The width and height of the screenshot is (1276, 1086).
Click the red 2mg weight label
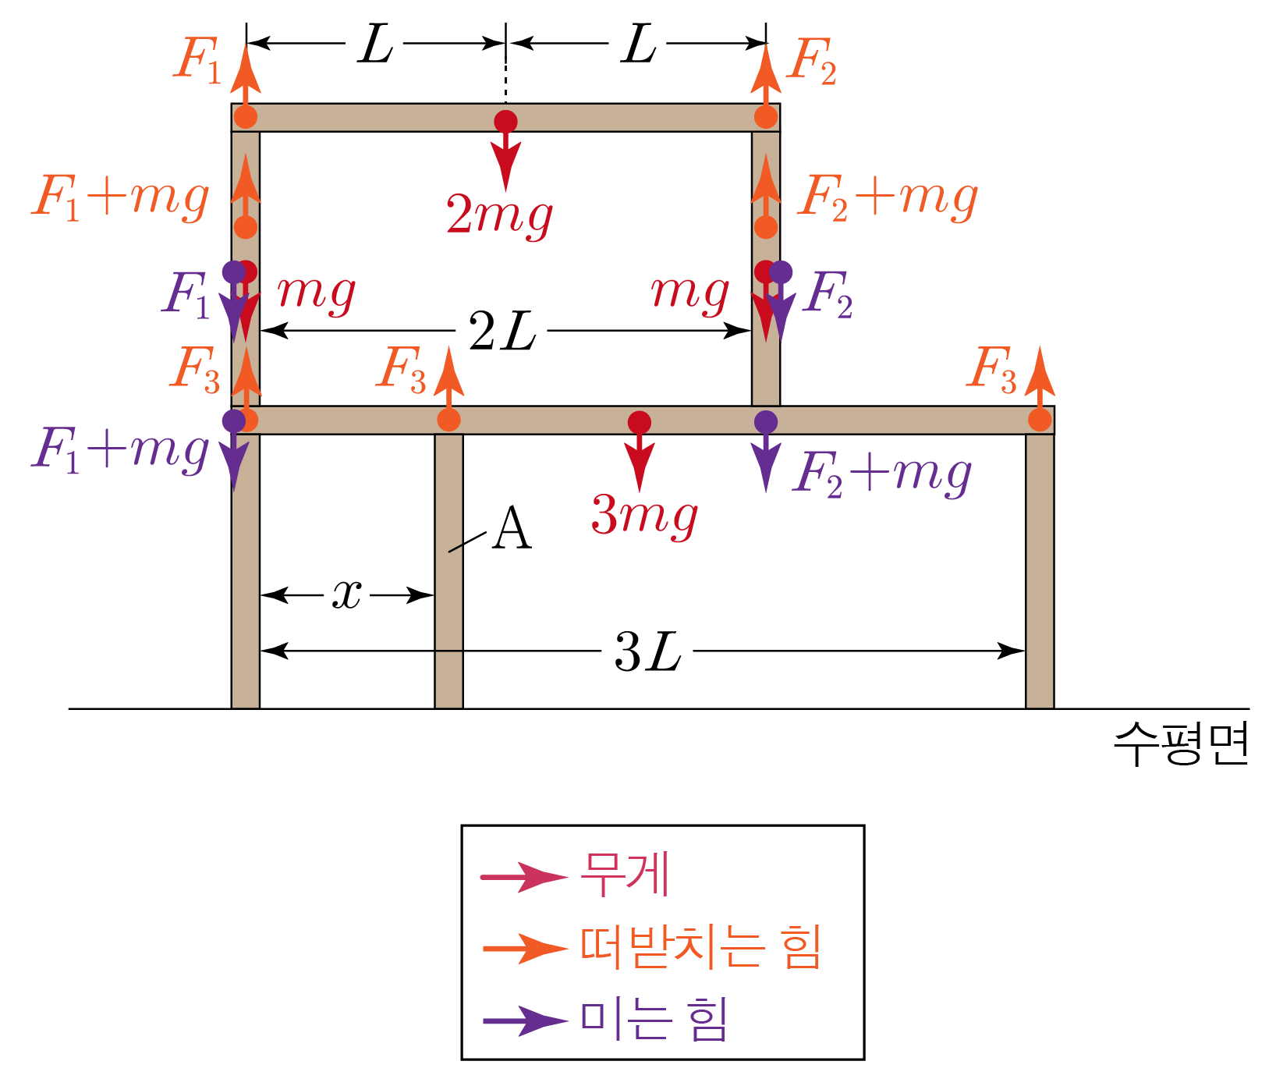pyautogui.click(x=499, y=215)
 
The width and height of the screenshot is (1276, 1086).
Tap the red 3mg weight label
pyautogui.click(x=644, y=516)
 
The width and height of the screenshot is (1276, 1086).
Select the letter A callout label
pyautogui.click(x=512, y=530)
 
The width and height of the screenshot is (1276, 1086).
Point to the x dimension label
pyautogui.click(x=347, y=595)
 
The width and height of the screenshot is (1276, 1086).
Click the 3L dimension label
pyautogui.click(x=647, y=652)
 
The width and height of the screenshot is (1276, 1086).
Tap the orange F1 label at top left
pyautogui.click(x=197, y=60)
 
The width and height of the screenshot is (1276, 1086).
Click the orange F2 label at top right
pyautogui.click(x=811, y=62)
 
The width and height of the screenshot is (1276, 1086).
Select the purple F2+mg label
pyautogui.click(x=882, y=474)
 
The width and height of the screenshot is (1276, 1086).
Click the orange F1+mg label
pyautogui.click(x=121, y=198)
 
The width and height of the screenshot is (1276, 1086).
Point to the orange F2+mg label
pyautogui.click(x=888, y=198)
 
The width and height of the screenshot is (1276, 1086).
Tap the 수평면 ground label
pyautogui.click(x=1180, y=744)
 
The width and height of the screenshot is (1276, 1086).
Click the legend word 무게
pyautogui.click(x=625, y=875)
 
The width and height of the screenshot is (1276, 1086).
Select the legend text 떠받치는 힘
pyautogui.click(x=700, y=948)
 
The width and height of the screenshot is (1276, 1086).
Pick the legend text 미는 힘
pyautogui.click(x=654, y=1020)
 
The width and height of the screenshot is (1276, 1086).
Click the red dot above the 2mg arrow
pyautogui.click(x=505, y=122)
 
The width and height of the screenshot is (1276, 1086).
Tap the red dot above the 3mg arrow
pyautogui.click(x=640, y=422)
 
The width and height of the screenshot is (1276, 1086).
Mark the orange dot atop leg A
pyautogui.click(x=448, y=420)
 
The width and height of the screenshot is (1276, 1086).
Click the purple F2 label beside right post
pyautogui.click(x=830, y=295)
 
